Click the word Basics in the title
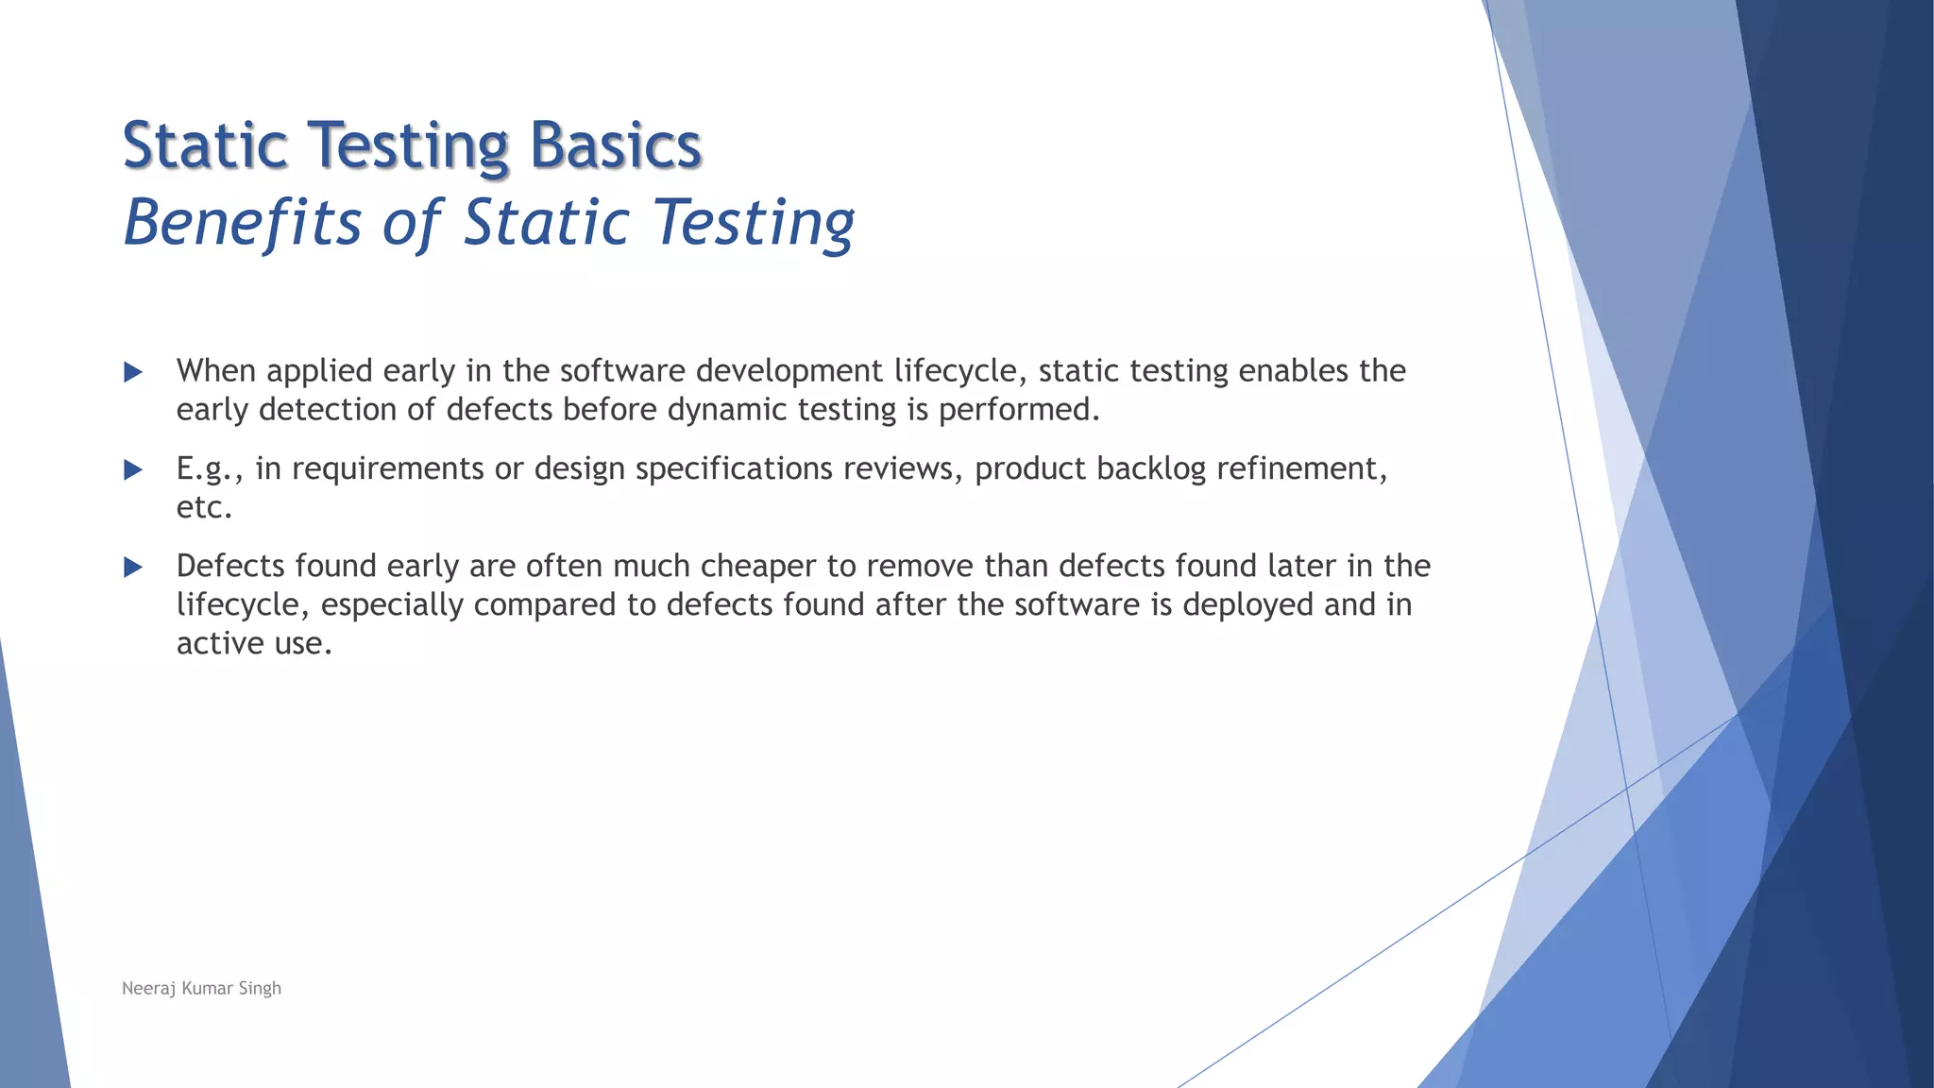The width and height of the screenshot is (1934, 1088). tap(615, 146)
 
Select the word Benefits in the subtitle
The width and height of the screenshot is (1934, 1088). tap(243, 223)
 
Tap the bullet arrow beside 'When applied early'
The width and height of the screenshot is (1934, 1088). tap(133, 372)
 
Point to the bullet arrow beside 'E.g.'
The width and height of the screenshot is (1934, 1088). tap(133, 469)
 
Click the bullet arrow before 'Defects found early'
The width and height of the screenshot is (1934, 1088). tap(133, 567)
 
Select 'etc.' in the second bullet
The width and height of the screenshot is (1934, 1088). tap(204, 508)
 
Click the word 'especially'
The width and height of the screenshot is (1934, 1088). tap(392, 605)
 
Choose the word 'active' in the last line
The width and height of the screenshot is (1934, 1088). tap(218, 644)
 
